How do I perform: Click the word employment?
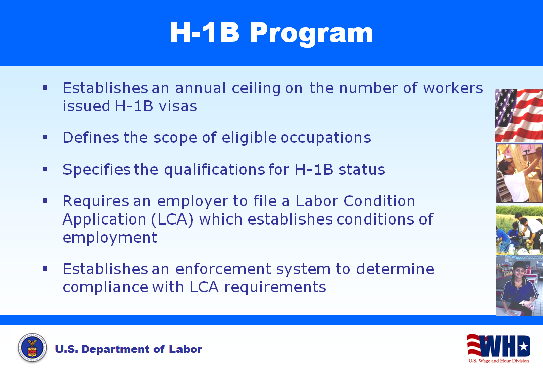click(110, 237)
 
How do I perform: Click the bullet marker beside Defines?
click(45, 136)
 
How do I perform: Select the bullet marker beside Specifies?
click(45, 169)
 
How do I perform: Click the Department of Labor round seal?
click(32, 348)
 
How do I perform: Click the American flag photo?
click(519, 115)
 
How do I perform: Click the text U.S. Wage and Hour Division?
click(498, 361)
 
